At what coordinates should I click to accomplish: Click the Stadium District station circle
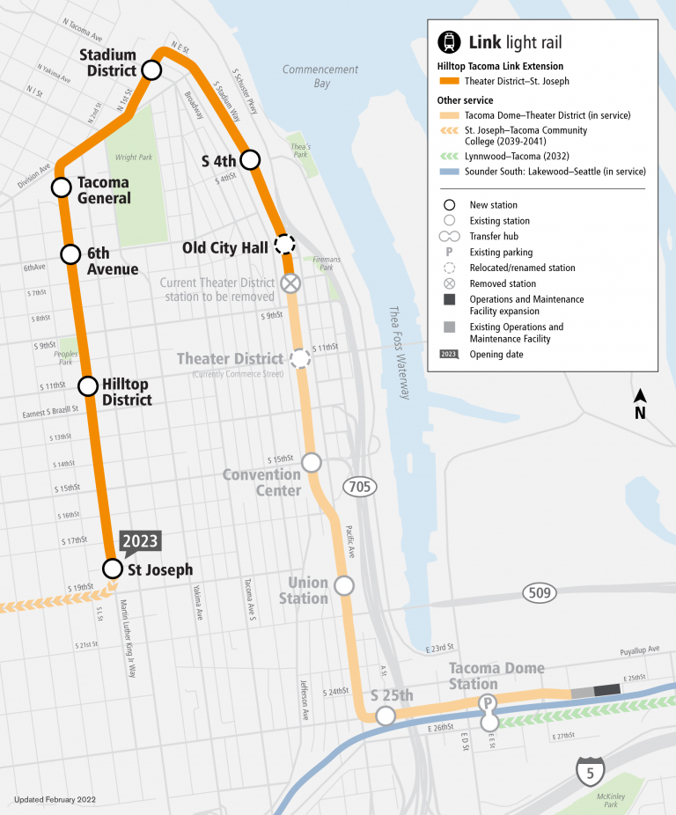click(151, 70)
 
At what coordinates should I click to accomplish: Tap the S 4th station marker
click(251, 159)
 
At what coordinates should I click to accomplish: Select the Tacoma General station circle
click(61, 187)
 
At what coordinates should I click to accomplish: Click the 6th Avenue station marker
click(70, 254)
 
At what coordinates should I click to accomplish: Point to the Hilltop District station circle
click(87, 385)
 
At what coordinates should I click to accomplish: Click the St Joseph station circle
click(112, 568)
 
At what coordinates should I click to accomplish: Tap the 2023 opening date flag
click(140, 542)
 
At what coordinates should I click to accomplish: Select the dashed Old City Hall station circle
click(283, 245)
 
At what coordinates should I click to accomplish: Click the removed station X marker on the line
click(290, 283)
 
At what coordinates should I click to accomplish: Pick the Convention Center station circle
click(311, 462)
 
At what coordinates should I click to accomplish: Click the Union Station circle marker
click(344, 585)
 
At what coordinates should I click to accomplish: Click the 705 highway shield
click(361, 487)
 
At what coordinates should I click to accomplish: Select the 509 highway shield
click(540, 593)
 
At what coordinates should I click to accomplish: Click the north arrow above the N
click(641, 396)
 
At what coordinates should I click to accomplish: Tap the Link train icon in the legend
click(449, 41)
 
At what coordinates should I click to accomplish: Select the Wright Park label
click(133, 158)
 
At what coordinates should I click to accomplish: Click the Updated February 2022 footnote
click(55, 800)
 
